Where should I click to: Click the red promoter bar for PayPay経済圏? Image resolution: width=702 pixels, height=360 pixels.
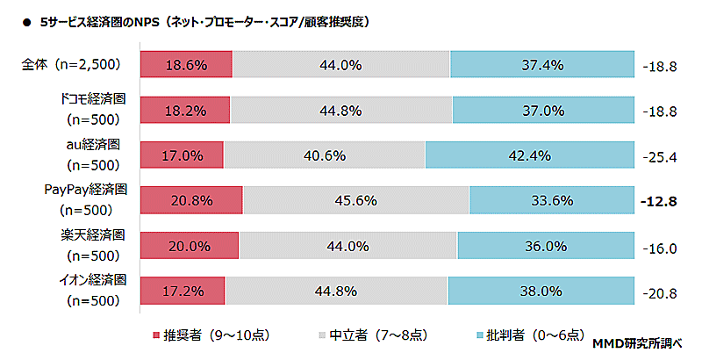(x=191, y=200)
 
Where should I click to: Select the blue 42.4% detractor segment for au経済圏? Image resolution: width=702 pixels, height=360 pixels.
(x=529, y=155)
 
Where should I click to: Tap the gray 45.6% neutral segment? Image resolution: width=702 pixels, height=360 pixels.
(x=355, y=200)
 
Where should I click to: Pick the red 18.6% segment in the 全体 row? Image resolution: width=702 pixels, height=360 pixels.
(x=185, y=65)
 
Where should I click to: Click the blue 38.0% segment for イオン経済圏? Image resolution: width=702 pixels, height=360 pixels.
(x=541, y=291)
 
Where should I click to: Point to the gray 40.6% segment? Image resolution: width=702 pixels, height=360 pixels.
(x=324, y=155)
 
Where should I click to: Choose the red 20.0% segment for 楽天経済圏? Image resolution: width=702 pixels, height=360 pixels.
(x=189, y=246)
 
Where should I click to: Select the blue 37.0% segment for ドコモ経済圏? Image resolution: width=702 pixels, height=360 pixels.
(x=543, y=111)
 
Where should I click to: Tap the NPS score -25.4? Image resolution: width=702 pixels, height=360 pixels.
(x=659, y=157)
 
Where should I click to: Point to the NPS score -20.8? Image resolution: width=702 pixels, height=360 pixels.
(x=659, y=292)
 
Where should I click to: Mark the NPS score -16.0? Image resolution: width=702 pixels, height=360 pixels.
(x=659, y=248)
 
